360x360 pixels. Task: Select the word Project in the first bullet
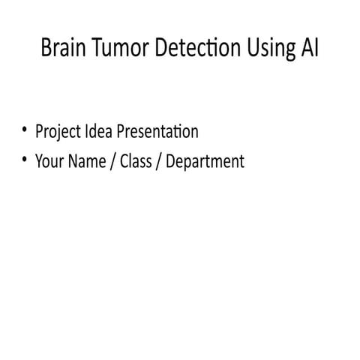pyautogui.click(x=58, y=133)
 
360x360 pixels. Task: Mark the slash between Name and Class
pyautogui.click(x=114, y=161)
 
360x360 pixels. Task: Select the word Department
pyautogui.click(x=205, y=162)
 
